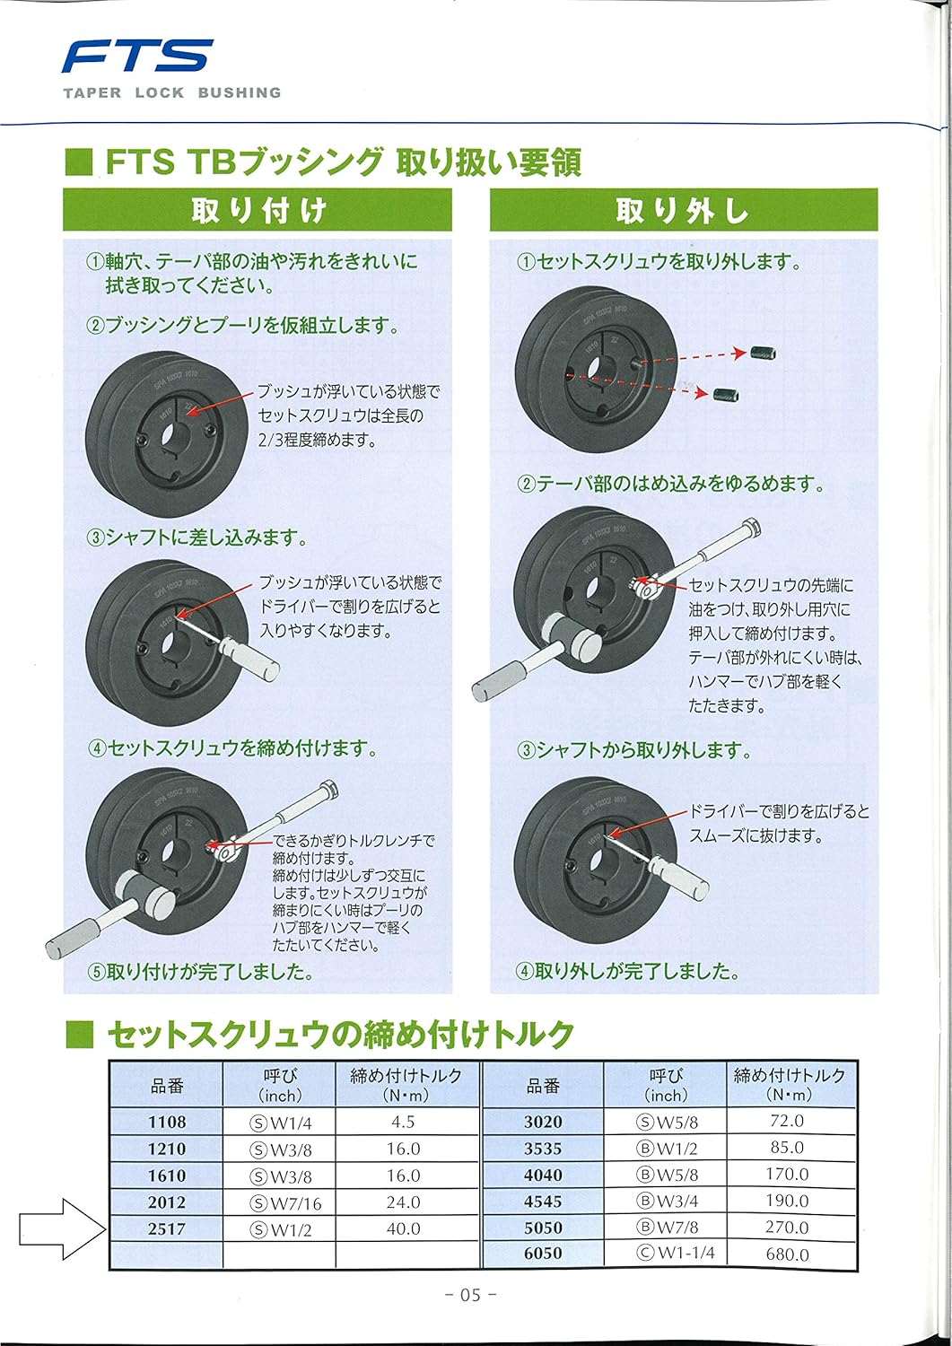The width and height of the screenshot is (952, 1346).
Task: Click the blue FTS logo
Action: click(x=136, y=57)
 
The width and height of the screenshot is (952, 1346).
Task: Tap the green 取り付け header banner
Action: click(x=258, y=211)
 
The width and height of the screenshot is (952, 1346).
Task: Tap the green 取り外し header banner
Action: click(x=683, y=211)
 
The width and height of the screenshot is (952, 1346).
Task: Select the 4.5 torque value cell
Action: click(x=403, y=1122)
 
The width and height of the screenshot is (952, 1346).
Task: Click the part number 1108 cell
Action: click(x=167, y=1122)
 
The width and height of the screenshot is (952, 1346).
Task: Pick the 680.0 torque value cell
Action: click(x=787, y=1254)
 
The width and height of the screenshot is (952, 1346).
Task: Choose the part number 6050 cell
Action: click(x=543, y=1254)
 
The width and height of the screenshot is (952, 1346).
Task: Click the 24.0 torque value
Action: click(x=403, y=1202)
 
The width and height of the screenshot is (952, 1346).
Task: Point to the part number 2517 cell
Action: click(x=167, y=1229)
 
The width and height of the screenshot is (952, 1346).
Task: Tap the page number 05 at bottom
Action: click(x=471, y=1295)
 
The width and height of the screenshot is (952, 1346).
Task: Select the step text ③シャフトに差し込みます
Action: click(x=197, y=538)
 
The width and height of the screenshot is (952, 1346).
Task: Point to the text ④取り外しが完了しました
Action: click(x=627, y=971)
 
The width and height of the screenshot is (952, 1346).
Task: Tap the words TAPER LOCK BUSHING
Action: click(x=172, y=92)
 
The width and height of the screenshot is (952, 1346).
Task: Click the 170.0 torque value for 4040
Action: click(x=787, y=1175)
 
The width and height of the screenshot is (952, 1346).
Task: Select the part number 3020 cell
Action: click(x=543, y=1122)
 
